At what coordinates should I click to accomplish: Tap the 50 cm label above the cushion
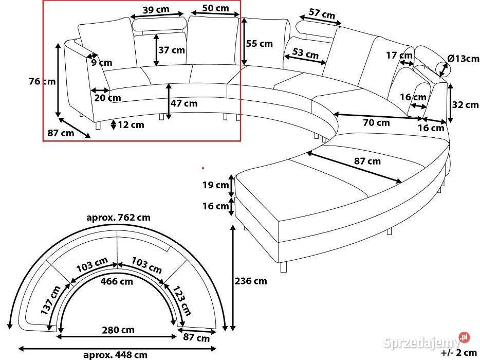pyautogui.click(x=215, y=8)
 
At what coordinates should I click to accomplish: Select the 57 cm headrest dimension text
pyautogui.click(x=322, y=14)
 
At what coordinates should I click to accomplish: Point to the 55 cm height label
pyautogui.click(x=260, y=44)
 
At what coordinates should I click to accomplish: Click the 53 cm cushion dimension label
pyautogui.click(x=305, y=53)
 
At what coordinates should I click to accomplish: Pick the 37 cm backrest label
pyautogui.click(x=171, y=50)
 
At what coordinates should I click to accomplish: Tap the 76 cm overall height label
pyautogui.click(x=42, y=81)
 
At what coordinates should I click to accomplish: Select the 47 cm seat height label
pyautogui.click(x=184, y=103)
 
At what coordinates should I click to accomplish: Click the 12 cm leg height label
pyautogui.click(x=131, y=124)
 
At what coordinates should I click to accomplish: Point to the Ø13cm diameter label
pyautogui.click(x=463, y=59)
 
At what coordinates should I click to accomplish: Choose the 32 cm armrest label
pyautogui.click(x=465, y=105)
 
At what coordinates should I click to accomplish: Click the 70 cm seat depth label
pyautogui.click(x=376, y=122)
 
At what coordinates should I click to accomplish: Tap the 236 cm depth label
pyautogui.click(x=251, y=281)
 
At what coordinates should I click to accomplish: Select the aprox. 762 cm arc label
pyautogui.click(x=119, y=218)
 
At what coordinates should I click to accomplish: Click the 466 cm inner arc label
pyautogui.click(x=117, y=281)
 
